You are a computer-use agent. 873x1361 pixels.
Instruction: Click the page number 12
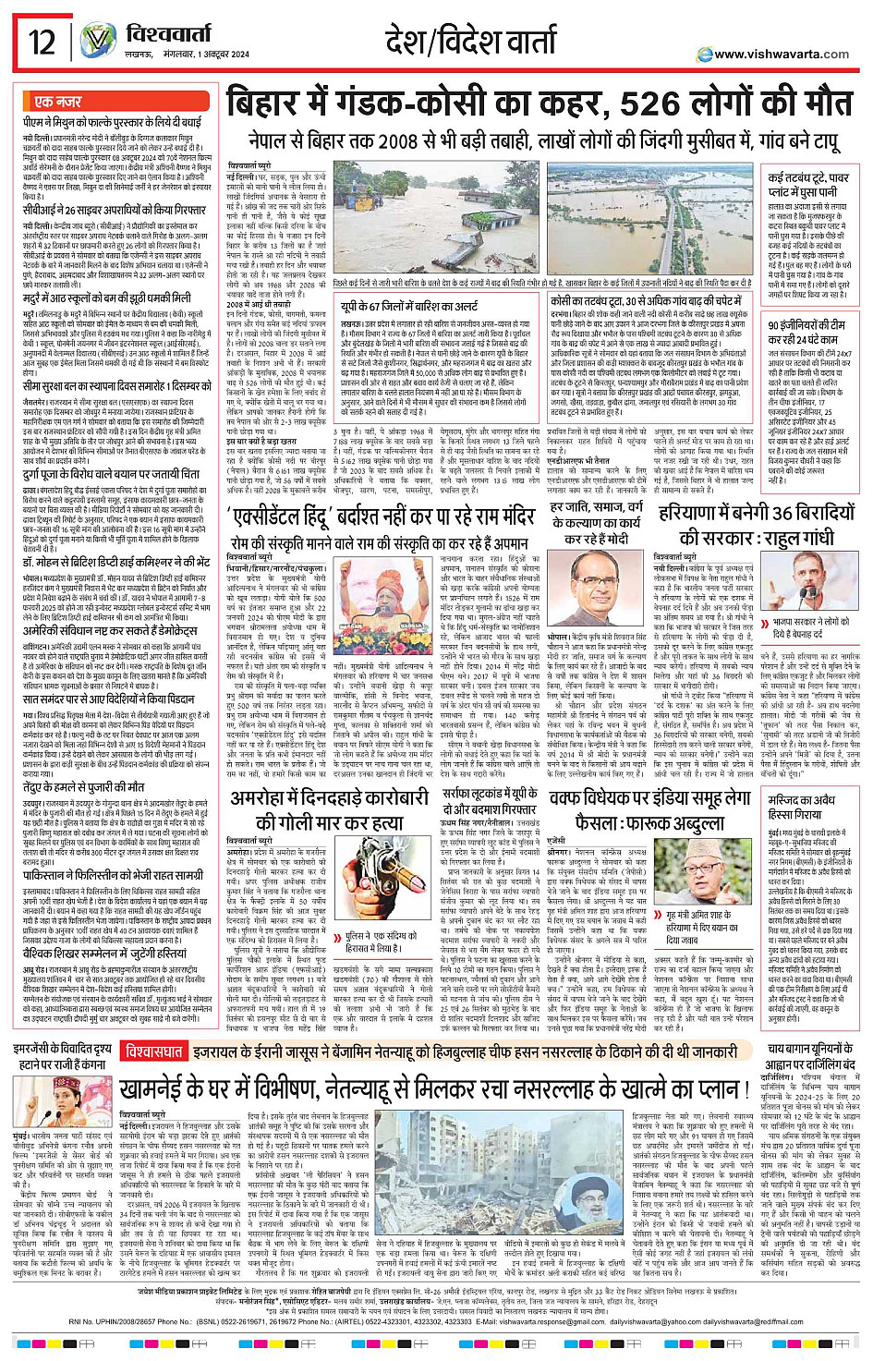(x=42, y=43)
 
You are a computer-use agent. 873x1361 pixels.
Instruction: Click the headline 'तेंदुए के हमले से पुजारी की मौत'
(x=83, y=786)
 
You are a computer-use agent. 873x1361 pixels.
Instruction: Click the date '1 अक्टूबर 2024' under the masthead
(x=217, y=55)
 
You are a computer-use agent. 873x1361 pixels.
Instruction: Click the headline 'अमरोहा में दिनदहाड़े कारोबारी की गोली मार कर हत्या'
(x=329, y=810)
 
